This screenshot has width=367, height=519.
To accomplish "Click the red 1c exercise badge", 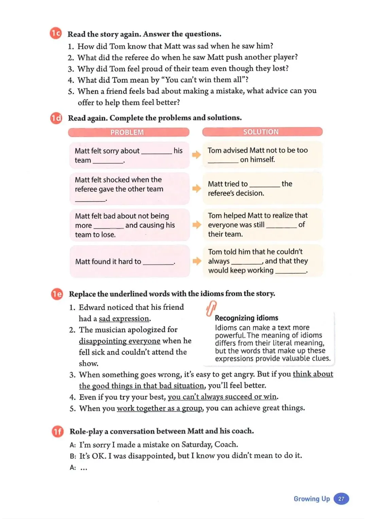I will [56, 33].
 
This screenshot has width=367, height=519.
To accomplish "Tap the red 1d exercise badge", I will [56, 118].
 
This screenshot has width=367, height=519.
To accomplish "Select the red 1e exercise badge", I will [57, 294].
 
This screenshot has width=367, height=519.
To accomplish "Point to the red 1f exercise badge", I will [57, 431].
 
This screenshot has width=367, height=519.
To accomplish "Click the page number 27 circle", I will [341, 499].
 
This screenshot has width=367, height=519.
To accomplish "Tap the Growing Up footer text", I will [312, 499].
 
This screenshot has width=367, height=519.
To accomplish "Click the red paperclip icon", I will [211, 308].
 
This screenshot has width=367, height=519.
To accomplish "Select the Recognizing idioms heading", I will [246, 318].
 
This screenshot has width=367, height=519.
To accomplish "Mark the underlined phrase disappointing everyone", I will [120, 341].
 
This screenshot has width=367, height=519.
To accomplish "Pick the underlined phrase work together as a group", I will [159, 408].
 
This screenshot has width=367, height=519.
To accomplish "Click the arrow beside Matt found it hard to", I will [197, 261].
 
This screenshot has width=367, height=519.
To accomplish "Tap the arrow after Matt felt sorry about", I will [196, 155].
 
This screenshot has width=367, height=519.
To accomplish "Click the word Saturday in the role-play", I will [196, 445].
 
